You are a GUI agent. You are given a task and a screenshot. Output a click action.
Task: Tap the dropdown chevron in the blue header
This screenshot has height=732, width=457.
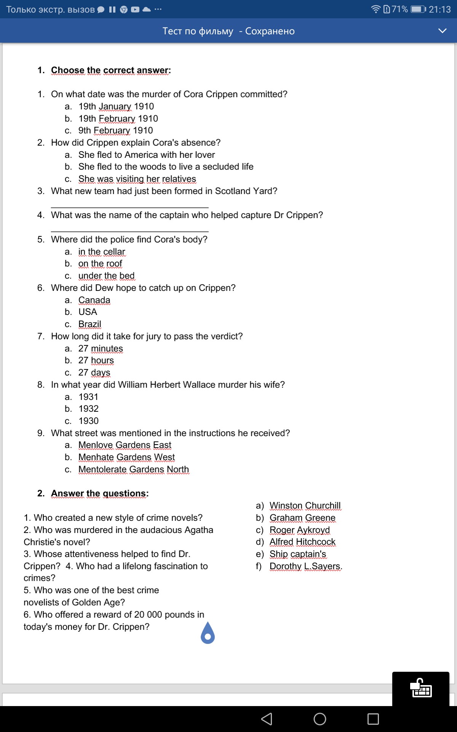[442, 31]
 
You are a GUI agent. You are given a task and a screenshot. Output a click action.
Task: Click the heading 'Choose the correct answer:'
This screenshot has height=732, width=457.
[111, 70]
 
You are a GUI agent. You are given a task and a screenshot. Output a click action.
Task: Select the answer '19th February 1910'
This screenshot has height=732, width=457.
[118, 119]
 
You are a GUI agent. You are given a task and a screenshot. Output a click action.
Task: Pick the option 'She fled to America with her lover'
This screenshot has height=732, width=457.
[147, 155]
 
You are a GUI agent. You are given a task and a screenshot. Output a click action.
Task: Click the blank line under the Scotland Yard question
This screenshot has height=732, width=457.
[129, 207]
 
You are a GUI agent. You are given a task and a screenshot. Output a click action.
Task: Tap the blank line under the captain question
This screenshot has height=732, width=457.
[129, 231]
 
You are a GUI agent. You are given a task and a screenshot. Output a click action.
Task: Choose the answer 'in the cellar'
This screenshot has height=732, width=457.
[102, 252]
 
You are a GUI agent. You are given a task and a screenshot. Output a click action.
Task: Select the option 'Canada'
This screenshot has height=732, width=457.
[94, 300]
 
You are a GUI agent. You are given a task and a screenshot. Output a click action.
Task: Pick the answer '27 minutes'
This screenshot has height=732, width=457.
[101, 348]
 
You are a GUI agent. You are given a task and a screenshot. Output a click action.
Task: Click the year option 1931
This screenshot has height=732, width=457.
[88, 397]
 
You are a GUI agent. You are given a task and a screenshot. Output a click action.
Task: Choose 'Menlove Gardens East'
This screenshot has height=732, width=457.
[125, 445]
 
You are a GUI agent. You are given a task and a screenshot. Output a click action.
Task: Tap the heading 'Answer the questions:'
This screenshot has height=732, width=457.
[100, 493]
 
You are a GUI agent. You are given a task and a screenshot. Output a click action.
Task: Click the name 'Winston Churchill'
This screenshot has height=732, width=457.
[305, 506]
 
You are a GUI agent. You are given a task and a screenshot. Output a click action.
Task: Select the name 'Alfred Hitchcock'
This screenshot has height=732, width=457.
[302, 542]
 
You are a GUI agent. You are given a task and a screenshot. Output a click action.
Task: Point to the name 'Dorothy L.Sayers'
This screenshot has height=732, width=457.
[305, 566]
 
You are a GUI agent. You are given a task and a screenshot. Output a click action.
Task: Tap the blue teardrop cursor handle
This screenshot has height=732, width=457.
[208, 634]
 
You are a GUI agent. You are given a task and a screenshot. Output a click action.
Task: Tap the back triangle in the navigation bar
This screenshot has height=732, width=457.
[267, 719]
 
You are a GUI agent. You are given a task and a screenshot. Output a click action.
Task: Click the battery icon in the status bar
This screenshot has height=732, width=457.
[418, 9]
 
